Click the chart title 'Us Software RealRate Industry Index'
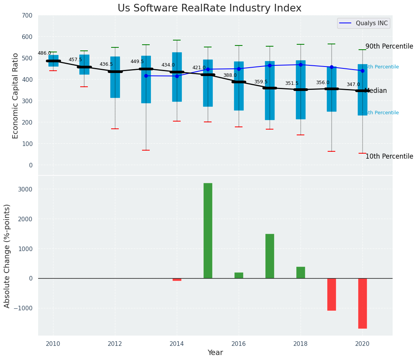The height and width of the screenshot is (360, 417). tap(209, 8)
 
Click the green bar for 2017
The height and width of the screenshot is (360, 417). tap(270, 256)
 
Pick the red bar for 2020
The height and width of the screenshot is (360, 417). tap(362, 303)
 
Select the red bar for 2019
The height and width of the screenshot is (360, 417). tap(331, 294)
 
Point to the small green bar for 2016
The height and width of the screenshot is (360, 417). tap(239, 275)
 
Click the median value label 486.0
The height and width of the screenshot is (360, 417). tap(44, 53)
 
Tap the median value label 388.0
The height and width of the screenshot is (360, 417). tap(230, 75)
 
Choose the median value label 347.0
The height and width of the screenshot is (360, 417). tap(353, 84)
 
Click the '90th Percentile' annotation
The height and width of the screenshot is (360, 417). tap(389, 47)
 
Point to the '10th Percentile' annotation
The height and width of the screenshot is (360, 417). tap(389, 156)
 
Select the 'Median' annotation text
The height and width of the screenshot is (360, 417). tap(376, 91)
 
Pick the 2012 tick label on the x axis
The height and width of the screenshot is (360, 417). tap(115, 344)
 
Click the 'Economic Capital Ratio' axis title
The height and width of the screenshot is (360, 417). tap(16, 96)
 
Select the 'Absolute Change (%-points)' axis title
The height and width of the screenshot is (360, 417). tap(7, 256)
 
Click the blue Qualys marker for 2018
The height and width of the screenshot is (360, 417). tap(301, 65)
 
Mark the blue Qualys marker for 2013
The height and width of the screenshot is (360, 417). tap(146, 76)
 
